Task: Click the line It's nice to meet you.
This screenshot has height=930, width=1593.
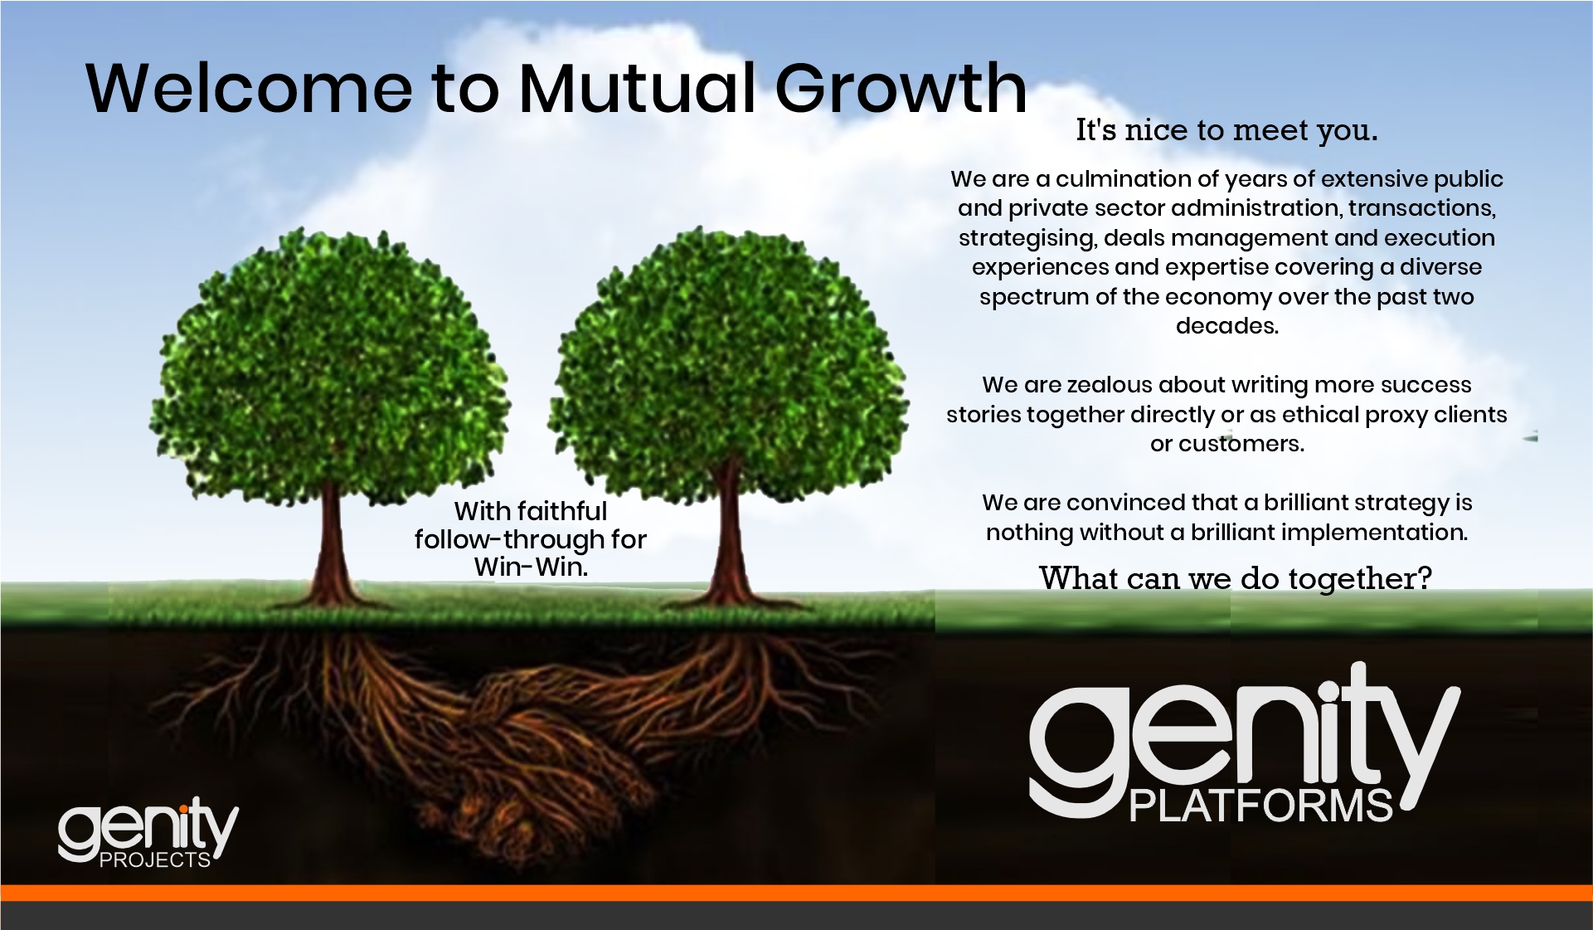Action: (x=1226, y=130)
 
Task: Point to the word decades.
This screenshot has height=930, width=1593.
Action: (x=1227, y=326)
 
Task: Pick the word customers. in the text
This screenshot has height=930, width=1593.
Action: (x=1241, y=444)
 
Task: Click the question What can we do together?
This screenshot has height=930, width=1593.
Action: (x=1236, y=578)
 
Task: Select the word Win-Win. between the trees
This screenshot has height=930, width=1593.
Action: (x=531, y=567)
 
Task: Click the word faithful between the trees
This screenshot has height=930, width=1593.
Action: (x=564, y=511)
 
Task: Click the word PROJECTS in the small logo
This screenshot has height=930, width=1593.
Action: (x=155, y=860)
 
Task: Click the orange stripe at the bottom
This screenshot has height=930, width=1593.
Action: (x=796, y=893)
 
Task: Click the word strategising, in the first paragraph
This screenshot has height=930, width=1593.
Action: (x=1027, y=239)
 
